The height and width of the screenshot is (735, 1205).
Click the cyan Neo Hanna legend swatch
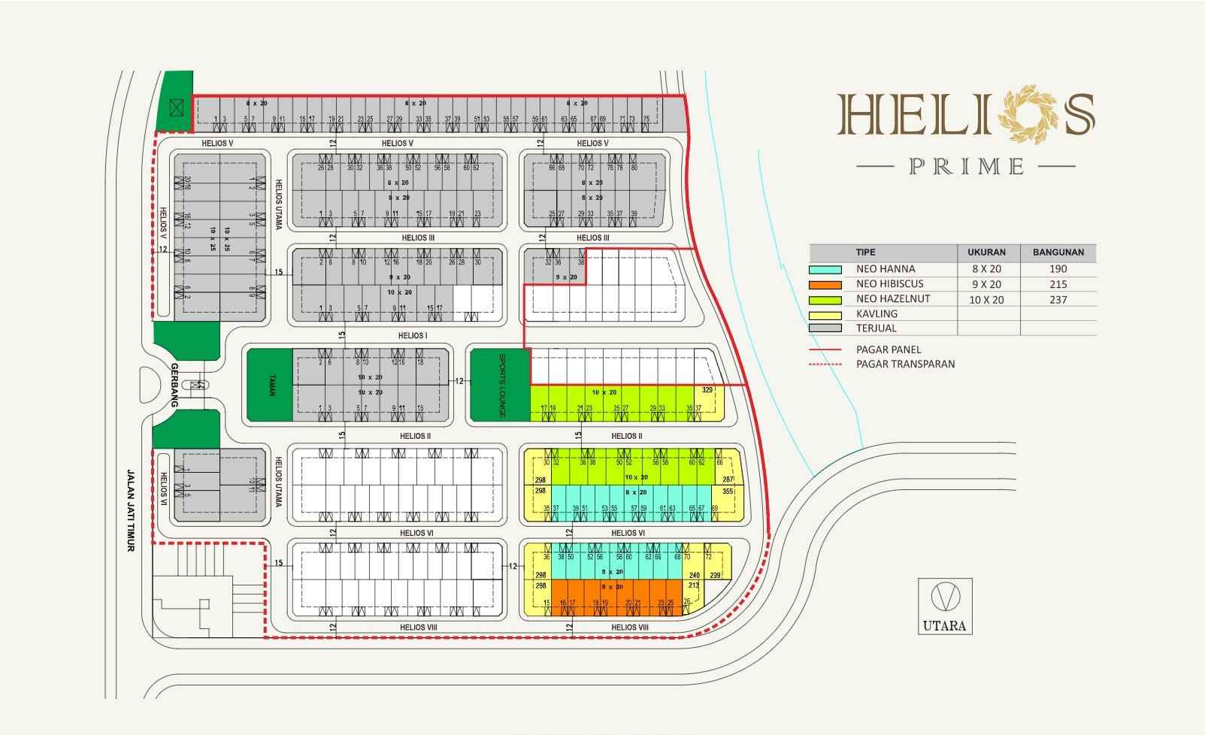click(825, 270)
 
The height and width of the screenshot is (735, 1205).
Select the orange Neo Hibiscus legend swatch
click(825, 285)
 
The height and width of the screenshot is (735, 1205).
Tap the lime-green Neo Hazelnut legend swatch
click(825, 299)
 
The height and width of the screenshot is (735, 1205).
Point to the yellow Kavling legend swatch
click(825, 314)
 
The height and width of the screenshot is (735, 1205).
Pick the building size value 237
click(1058, 299)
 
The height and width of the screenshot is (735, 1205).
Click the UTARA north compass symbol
click(945, 597)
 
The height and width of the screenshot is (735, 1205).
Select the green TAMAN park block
click(270, 385)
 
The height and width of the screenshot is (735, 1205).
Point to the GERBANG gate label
click(174, 385)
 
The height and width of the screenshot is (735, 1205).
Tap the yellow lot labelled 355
click(727, 492)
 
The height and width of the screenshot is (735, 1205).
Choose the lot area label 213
click(693, 585)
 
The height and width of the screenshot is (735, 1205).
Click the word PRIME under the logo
click(967, 166)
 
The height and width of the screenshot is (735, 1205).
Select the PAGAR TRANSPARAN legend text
click(905, 364)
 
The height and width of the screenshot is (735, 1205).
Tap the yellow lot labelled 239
click(716, 576)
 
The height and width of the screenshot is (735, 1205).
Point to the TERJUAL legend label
click(877, 328)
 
